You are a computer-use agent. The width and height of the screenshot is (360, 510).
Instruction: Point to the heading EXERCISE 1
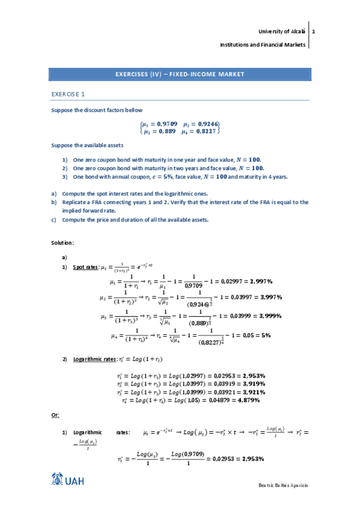point(68,94)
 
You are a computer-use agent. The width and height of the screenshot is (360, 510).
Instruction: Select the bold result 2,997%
point(261,281)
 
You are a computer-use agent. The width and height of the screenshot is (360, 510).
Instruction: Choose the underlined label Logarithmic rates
point(94,359)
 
